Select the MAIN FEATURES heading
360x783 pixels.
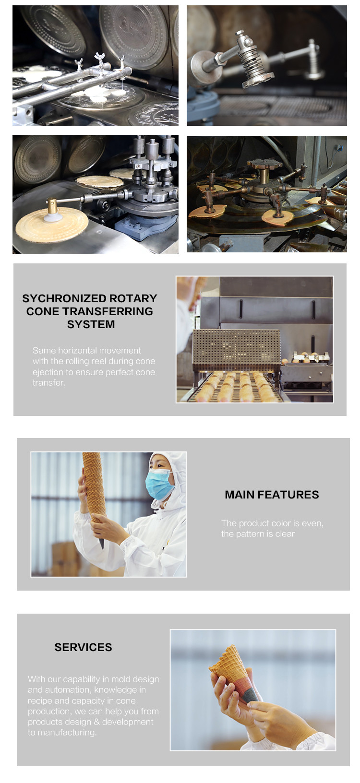pyautogui.click(x=272, y=495)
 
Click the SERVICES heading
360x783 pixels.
pyautogui.click(x=83, y=647)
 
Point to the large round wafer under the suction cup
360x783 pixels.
pyautogui.click(x=52, y=225)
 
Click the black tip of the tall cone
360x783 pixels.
pyautogui.click(x=101, y=543)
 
